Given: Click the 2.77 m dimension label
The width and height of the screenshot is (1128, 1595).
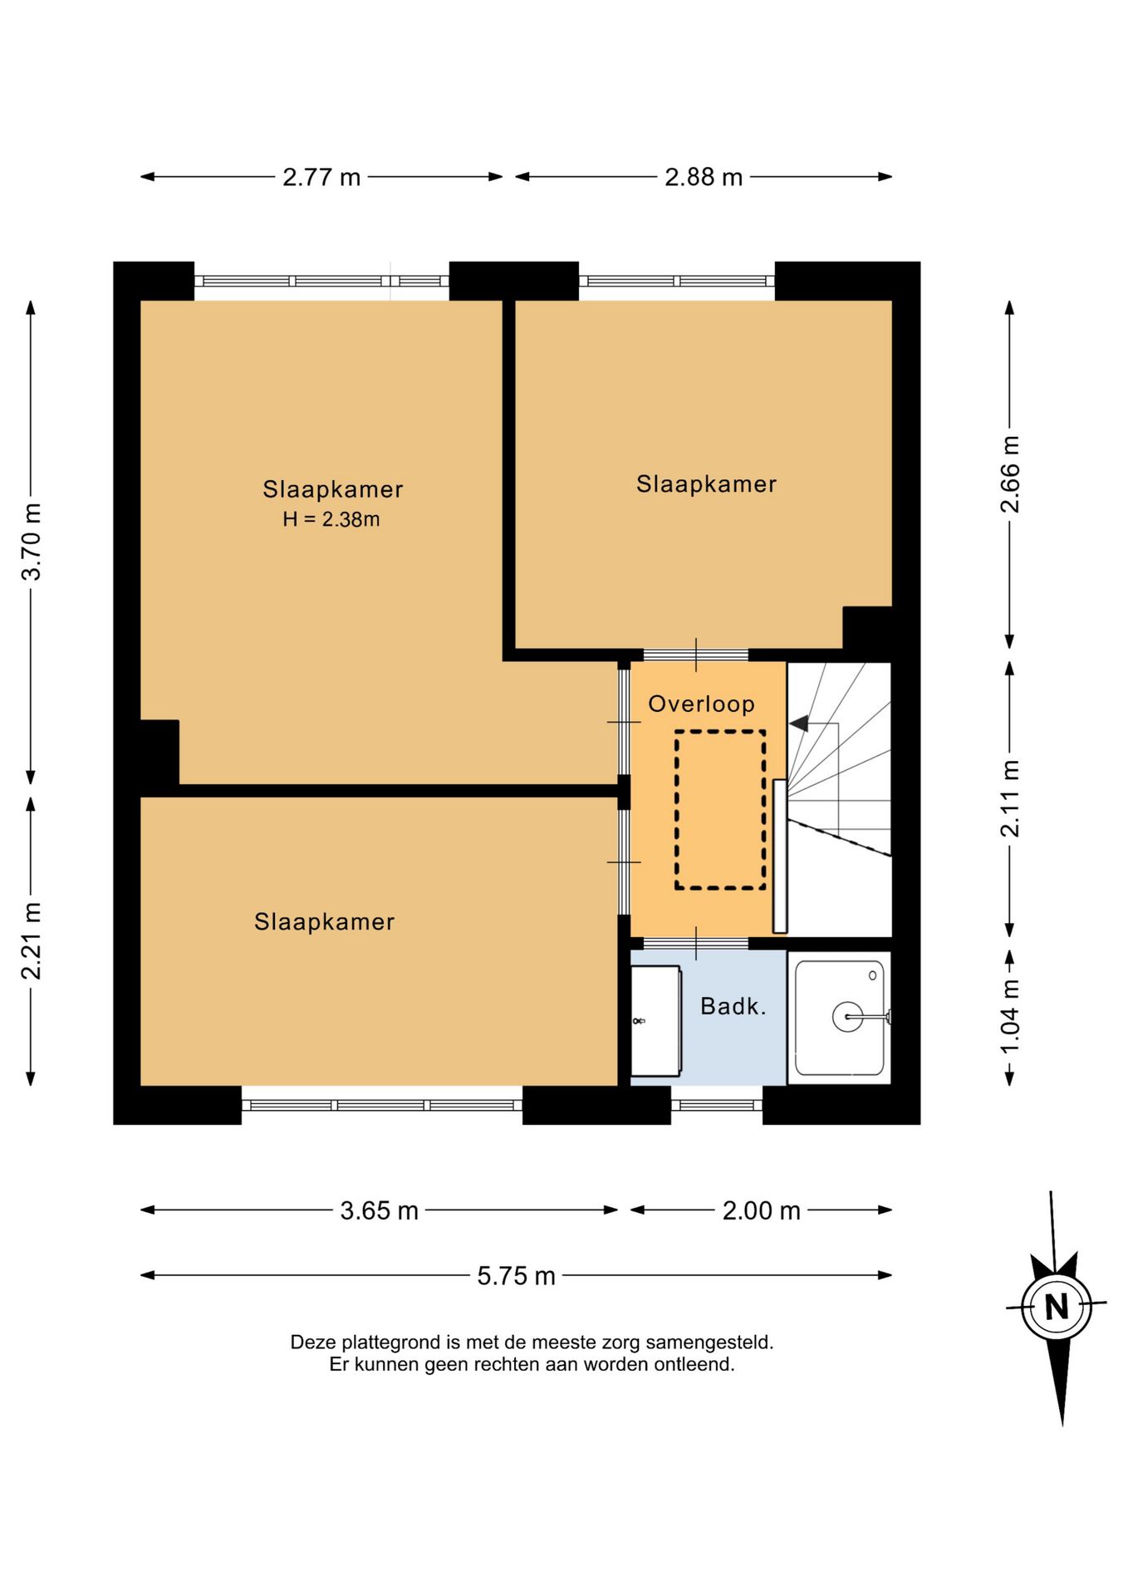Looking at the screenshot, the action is pyautogui.click(x=321, y=177).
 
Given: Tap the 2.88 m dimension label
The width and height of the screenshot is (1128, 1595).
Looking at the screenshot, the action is pyautogui.click(x=704, y=177).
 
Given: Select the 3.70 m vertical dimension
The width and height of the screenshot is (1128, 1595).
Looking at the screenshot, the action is pyautogui.click(x=31, y=542).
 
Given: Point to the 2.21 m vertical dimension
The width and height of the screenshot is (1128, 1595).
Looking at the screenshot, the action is pyautogui.click(x=31, y=940).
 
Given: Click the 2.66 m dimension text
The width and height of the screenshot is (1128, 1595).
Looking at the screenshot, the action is pyautogui.click(x=1009, y=474).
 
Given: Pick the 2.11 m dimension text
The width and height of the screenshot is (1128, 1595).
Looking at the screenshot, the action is pyautogui.click(x=1009, y=798).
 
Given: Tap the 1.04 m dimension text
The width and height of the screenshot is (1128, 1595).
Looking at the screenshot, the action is pyautogui.click(x=1009, y=1017).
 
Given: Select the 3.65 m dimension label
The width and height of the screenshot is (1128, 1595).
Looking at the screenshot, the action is pyautogui.click(x=379, y=1210).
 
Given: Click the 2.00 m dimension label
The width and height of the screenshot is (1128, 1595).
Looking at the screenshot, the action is pyautogui.click(x=761, y=1210).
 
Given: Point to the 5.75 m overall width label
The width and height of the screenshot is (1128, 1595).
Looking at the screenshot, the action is pyautogui.click(x=516, y=1275).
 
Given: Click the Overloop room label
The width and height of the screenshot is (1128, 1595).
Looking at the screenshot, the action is pyautogui.click(x=701, y=704).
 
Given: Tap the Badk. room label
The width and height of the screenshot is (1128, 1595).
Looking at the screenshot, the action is pyautogui.click(x=733, y=1007).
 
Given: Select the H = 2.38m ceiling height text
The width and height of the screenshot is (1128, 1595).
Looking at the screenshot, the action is pyautogui.click(x=331, y=519).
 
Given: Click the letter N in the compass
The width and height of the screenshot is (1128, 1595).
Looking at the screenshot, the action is pyautogui.click(x=1056, y=1308).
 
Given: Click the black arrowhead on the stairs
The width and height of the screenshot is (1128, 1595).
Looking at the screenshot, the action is pyautogui.click(x=798, y=724).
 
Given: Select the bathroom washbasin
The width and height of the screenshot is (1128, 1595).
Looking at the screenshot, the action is pyautogui.click(x=655, y=1021).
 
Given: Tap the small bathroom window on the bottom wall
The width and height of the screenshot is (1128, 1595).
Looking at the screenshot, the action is pyautogui.click(x=716, y=1105).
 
